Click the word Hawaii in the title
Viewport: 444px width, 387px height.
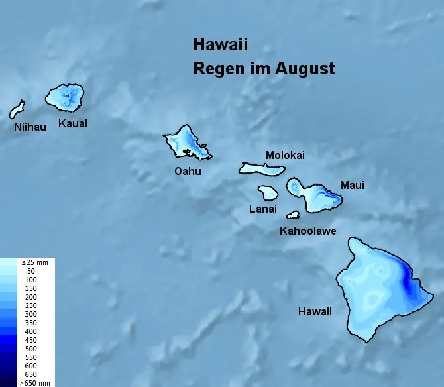[x=220, y=45]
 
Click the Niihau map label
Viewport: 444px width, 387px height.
[x=30, y=127]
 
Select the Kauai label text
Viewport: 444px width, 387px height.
[x=73, y=123]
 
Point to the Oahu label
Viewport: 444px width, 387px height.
[x=187, y=171]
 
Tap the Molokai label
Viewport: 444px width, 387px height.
[x=285, y=155]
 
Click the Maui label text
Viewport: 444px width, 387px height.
[x=352, y=185]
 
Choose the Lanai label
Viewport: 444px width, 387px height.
[x=262, y=209]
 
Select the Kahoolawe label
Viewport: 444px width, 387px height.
[x=307, y=231]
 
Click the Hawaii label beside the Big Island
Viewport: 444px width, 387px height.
[x=315, y=311]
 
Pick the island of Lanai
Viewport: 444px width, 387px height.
[x=268, y=193]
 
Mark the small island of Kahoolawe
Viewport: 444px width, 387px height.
[x=293, y=215]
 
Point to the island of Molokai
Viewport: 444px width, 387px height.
[x=262, y=168]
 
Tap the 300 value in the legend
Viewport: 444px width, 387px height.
[x=31, y=314]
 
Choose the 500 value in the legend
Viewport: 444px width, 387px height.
[x=31, y=349]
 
